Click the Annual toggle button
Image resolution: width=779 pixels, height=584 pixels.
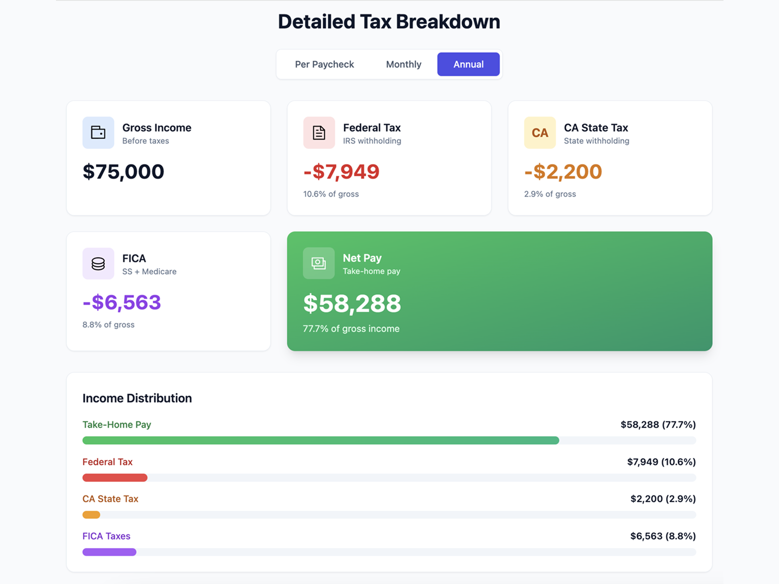[468, 64]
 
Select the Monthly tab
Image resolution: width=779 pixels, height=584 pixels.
[404, 64]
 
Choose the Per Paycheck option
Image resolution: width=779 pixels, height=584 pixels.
[324, 64]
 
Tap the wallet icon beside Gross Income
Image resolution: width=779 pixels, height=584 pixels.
[98, 132]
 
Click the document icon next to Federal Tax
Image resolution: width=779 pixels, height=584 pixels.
[319, 132]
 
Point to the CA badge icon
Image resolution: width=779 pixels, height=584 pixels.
[539, 132]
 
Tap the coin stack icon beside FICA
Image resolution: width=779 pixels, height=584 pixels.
[98, 263]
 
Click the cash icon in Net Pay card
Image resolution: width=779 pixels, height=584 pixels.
[319, 263]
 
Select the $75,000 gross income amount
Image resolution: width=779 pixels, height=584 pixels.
[123, 172]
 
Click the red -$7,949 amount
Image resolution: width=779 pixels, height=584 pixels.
[341, 172]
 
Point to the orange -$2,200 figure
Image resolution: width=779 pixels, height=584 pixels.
[563, 172]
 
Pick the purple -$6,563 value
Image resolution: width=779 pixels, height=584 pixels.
[122, 303]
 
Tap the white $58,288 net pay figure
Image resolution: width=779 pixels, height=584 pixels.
[352, 304]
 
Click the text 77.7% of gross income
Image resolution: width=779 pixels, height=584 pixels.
[351, 328]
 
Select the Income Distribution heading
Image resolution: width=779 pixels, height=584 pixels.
[137, 398]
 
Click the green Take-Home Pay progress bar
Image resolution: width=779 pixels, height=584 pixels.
[320, 440]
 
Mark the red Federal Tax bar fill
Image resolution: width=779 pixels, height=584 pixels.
[115, 478]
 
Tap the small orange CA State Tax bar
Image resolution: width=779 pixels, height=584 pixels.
[91, 515]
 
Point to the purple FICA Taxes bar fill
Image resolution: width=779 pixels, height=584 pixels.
[109, 552]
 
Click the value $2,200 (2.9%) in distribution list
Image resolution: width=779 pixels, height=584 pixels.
[663, 499]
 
